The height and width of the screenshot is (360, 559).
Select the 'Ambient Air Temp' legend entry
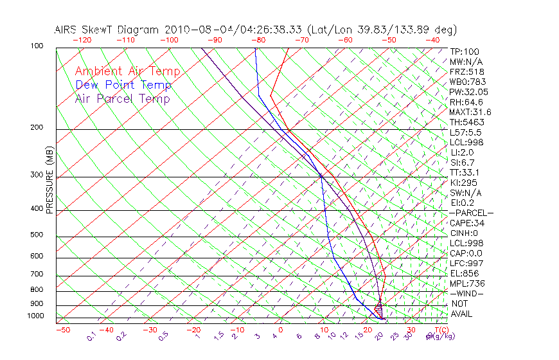pos(127,71)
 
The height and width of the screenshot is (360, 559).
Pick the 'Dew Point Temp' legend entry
pos(123,85)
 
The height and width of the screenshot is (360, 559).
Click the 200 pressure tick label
pos(37,127)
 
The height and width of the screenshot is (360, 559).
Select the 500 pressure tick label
pos(37,235)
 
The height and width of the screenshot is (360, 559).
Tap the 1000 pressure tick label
pos(35,316)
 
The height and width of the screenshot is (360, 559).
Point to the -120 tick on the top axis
pos(82,40)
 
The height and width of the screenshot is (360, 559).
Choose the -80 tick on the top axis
pos(258,40)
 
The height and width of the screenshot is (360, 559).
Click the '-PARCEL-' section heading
pos(471,213)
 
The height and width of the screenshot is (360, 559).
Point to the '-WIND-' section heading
pos(466,294)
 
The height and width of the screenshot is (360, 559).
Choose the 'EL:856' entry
pos(464,273)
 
